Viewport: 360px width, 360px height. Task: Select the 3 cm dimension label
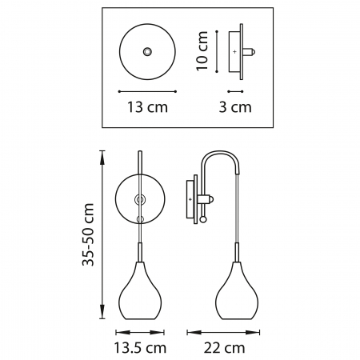point(236,106)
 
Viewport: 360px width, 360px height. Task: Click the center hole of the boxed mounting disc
point(146,52)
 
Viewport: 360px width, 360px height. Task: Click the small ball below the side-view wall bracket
point(202,218)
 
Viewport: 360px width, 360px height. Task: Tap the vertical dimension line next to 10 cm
point(217,52)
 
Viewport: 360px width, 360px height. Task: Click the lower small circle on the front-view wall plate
point(139,218)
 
